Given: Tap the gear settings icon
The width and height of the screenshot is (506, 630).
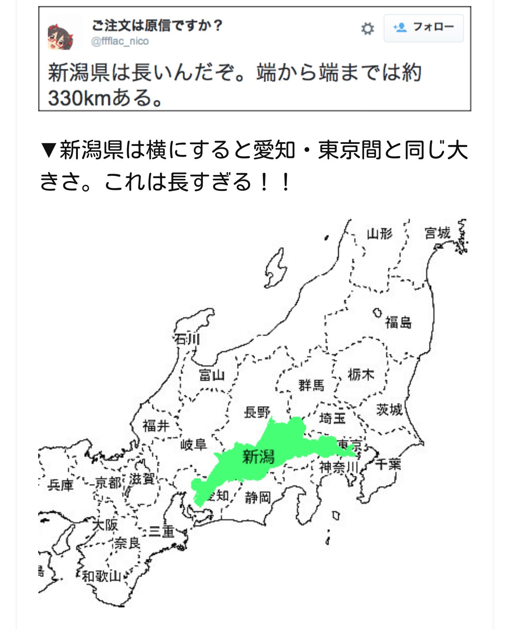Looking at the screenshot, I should tap(367, 29).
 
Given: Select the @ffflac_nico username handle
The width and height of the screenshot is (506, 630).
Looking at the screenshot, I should tap(120, 41).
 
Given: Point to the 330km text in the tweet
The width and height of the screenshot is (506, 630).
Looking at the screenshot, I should tap(80, 98).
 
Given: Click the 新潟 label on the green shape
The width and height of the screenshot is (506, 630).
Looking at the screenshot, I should tap(258, 456).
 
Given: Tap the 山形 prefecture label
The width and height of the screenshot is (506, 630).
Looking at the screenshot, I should tap(379, 234).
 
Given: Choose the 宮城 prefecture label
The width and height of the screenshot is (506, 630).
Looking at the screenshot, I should tap(437, 233).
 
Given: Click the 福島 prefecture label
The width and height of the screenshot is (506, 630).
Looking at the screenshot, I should tap(398, 322).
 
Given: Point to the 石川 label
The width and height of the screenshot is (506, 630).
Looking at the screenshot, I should tap(187, 339).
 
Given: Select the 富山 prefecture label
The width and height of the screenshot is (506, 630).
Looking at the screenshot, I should tap(212, 375).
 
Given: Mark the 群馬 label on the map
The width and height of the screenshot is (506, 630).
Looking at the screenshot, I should tap(311, 385).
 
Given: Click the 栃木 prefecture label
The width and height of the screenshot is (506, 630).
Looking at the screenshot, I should tap(361, 374).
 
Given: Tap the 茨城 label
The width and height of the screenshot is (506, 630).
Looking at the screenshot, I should tap(389, 409).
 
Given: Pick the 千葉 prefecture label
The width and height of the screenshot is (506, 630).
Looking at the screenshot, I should tap(388, 464).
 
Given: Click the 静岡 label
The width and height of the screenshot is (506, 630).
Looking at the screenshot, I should tap(258, 498).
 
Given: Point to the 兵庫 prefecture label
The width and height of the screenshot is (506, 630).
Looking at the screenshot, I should tap(61, 485).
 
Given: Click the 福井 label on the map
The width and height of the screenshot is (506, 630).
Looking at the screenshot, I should tap(156, 426).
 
